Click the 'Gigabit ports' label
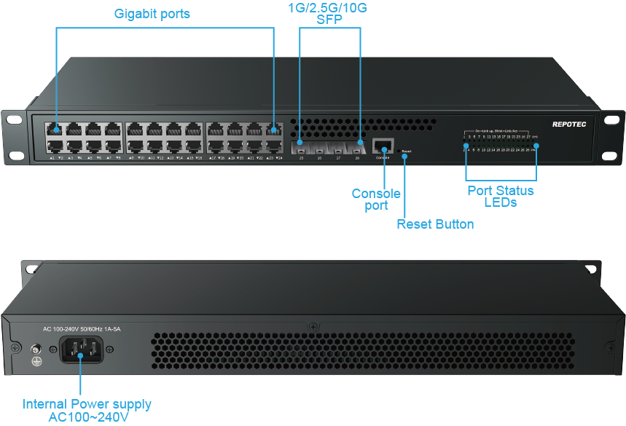coord(152,14)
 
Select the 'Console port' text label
coord(376,200)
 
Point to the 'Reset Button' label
coord(435,224)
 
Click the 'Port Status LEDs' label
coord(500,197)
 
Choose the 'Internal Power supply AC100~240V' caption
coord(87,411)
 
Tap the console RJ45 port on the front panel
coord(383,144)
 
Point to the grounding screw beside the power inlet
coord(34,349)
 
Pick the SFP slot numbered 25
coord(300,148)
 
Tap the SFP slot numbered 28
coord(357,148)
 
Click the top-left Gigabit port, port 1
coord(55,130)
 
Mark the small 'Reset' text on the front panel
coord(406,151)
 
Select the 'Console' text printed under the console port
coord(383,157)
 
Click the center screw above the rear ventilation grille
coord(313,326)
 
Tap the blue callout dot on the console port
coord(384,149)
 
